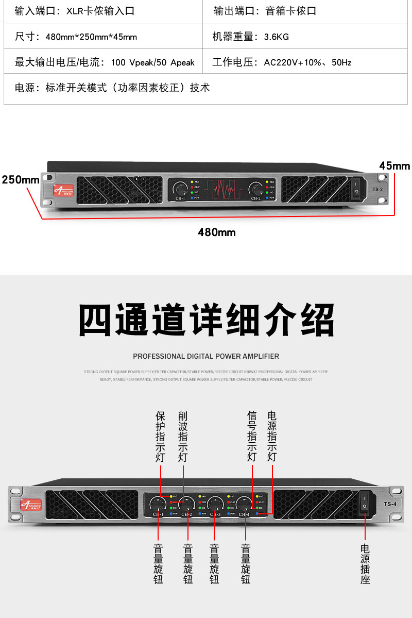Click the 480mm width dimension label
click(x=217, y=232)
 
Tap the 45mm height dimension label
click(x=394, y=165)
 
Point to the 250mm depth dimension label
click(x=21, y=180)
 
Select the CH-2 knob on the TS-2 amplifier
click(x=256, y=188)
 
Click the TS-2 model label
click(x=378, y=190)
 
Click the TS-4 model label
click(x=389, y=504)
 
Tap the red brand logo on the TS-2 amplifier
click(x=62, y=191)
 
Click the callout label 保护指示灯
click(x=160, y=436)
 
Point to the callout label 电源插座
click(x=365, y=564)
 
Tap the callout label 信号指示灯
click(x=252, y=436)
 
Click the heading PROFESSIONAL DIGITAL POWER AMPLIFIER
click(x=206, y=356)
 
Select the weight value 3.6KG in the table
click(x=276, y=37)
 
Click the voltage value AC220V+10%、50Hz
click(x=307, y=63)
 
